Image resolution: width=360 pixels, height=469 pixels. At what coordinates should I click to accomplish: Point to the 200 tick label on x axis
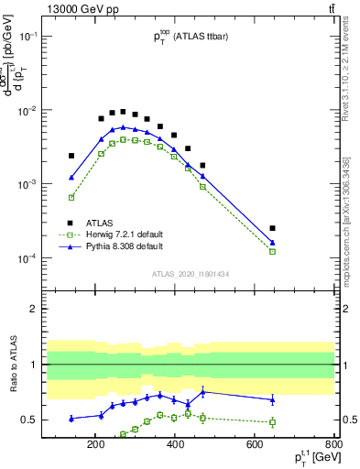pyautogui.click(x=95, y=446)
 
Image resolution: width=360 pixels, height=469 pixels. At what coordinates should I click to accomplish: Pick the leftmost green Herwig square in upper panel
pyautogui.click(x=71, y=197)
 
